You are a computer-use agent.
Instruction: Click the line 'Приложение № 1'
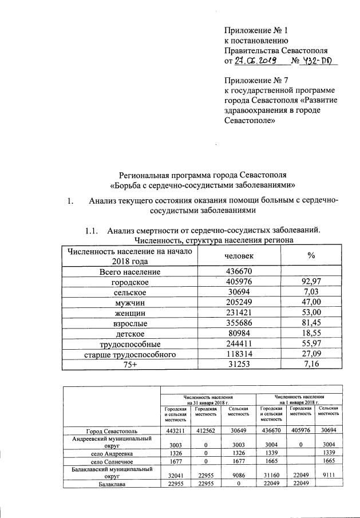tap(255, 30)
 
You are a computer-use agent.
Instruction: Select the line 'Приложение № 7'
tap(255, 80)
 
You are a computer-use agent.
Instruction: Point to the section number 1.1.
tap(93, 231)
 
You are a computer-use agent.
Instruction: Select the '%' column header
tap(311, 256)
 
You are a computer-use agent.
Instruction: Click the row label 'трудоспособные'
tap(130, 344)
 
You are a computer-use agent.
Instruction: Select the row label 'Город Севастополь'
tap(111, 430)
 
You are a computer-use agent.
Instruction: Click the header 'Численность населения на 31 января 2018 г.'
tap(208, 399)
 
